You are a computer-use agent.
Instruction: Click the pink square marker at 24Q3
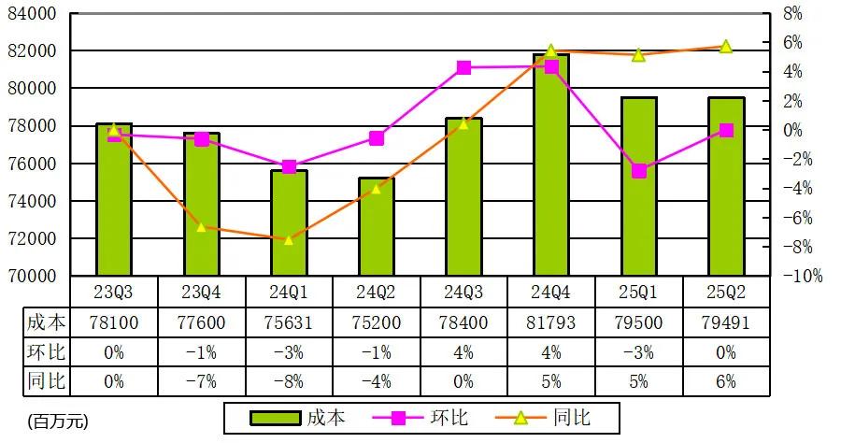[464, 67]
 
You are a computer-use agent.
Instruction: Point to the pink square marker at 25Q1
[639, 171]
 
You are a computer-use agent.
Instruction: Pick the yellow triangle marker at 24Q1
[289, 240]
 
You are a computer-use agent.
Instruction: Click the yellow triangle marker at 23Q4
[202, 227]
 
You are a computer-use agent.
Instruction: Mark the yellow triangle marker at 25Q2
[726, 46]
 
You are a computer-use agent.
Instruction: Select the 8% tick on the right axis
[792, 13]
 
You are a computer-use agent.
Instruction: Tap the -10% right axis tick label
[802, 276]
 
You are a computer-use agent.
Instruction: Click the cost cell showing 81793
[551, 323]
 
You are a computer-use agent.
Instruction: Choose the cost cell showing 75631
[289, 323]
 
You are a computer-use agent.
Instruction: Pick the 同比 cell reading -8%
[289, 381]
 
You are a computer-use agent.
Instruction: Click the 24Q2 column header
[377, 292]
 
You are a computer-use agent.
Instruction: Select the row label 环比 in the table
[45, 352]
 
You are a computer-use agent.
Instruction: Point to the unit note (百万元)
[57, 422]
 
